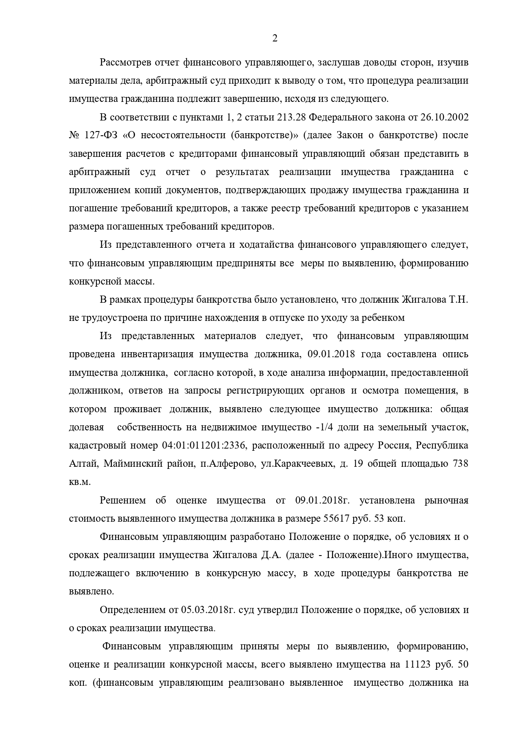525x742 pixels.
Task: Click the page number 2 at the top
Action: click(x=275, y=38)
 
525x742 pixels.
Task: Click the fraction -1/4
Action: click(x=324, y=427)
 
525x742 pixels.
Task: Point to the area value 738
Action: click(x=460, y=463)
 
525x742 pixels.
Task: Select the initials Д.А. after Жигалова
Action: click(x=270, y=555)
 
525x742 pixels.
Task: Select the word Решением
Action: click(x=123, y=500)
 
